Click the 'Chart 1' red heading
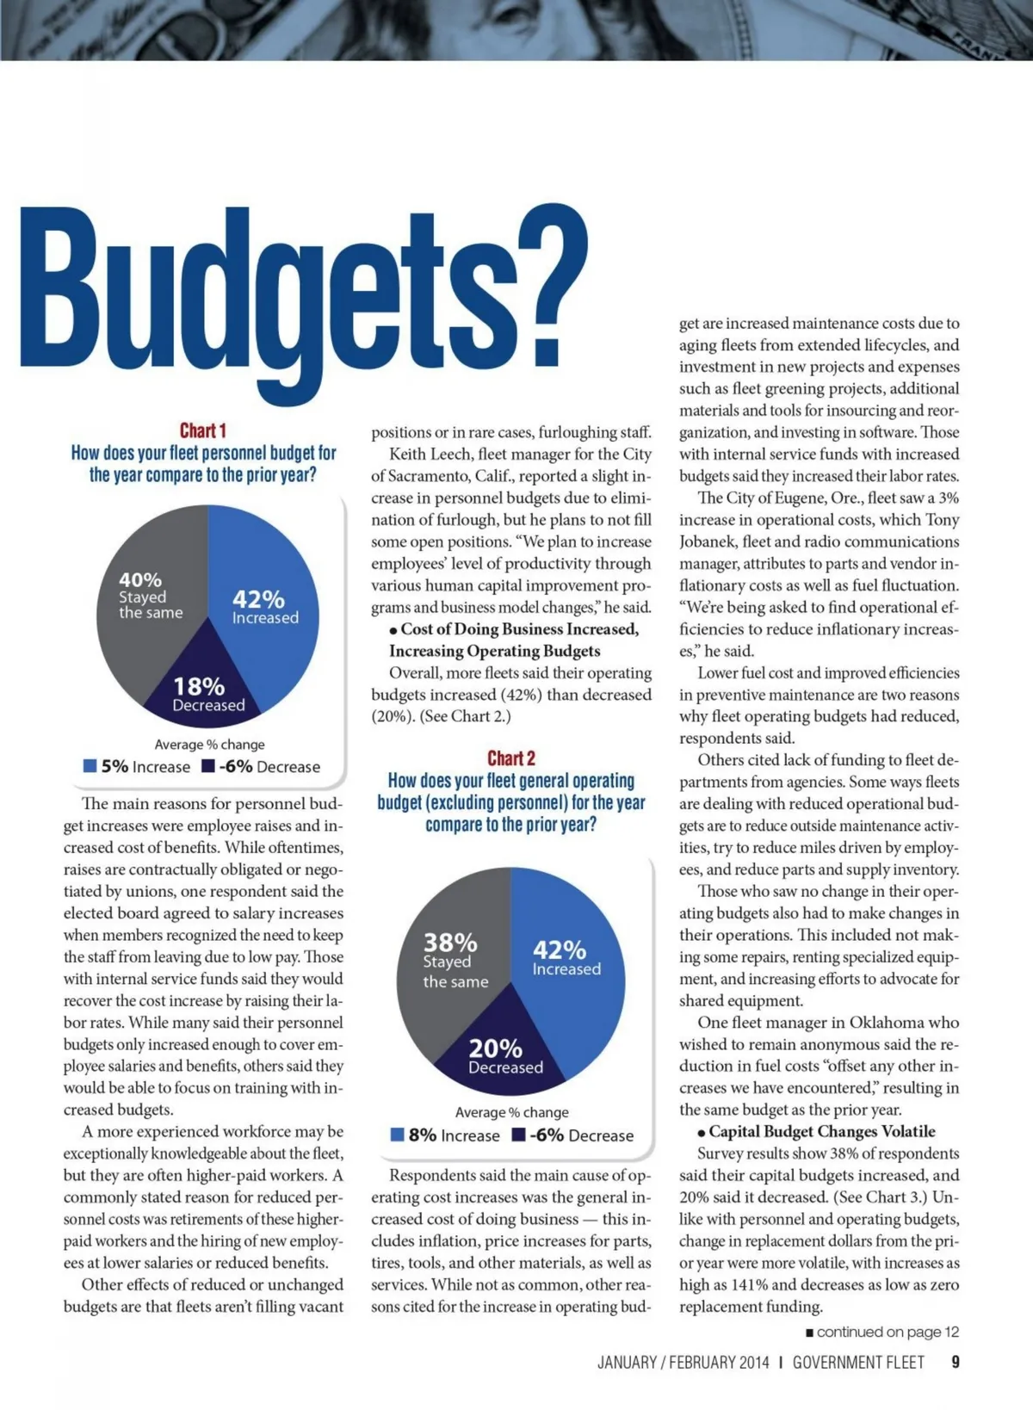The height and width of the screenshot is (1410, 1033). pyautogui.click(x=202, y=430)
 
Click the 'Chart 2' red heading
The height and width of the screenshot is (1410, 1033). pyautogui.click(x=511, y=758)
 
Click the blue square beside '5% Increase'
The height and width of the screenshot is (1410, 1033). pyautogui.click(x=90, y=766)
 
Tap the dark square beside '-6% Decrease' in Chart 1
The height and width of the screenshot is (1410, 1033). pyautogui.click(x=207, y=766)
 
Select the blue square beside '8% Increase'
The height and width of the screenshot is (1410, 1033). pyautogui.click(x=398, y=1135)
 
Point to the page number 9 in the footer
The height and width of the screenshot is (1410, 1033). pyautogui.click(x=956, y=1363)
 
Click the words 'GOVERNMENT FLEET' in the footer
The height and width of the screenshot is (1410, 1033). pyautogui.click(x=858, y=1363)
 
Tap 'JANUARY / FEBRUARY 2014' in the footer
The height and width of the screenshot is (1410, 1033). pyautogui.click(x=684, y=1363)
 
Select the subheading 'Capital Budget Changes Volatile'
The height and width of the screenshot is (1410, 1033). pyautogui.click(x=821, y=1131)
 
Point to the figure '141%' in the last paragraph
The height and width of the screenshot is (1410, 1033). pyautogui.click(x=751, y=1284)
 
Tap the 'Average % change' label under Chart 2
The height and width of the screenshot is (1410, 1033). pyautogui.click(x=511, y=1112)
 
